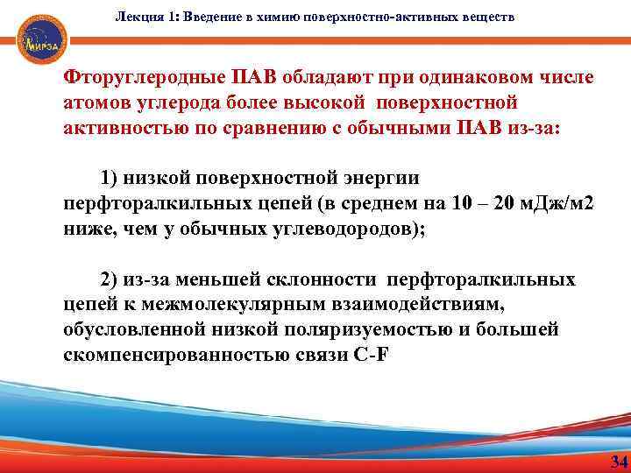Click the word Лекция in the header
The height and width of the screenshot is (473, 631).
coord(137,18)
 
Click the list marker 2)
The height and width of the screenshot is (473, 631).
coord(110,279)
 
